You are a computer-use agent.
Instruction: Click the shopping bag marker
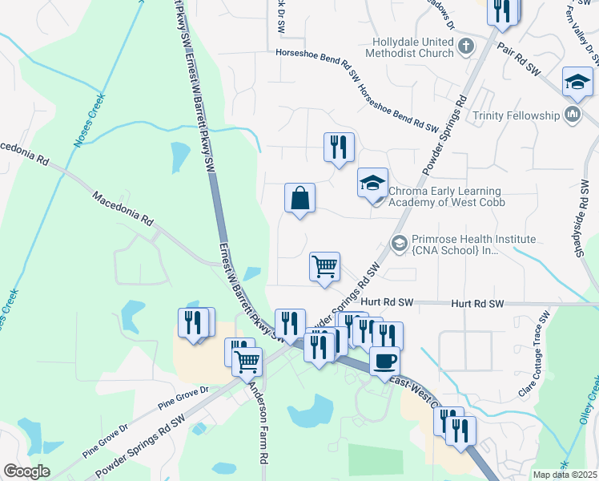[x=299, y=198]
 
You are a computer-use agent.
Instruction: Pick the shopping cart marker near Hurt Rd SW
[x=325, y=267]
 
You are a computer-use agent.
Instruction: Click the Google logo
[x=26, y=471]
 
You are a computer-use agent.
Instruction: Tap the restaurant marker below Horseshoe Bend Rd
[x=339, y=148]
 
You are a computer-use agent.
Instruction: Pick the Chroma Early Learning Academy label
[x=444, y=196]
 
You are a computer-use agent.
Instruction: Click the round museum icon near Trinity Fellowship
[x=573, y=115]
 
